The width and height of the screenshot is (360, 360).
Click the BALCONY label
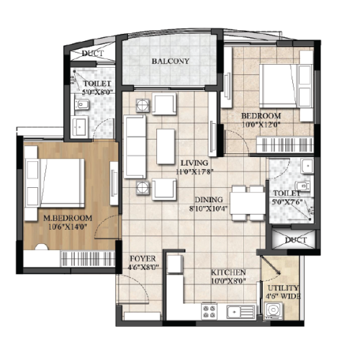tap(171, 61)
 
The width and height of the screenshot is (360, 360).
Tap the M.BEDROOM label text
tap(68, 218)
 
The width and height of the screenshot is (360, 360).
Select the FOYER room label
tap(143, 258)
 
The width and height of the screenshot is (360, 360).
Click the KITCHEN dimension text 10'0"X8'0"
tap(229, 281)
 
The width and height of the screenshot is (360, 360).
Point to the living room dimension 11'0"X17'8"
tap(194, 172)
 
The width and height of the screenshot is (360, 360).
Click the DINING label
tap(209, 199)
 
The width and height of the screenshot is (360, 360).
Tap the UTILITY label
tap(283, 288)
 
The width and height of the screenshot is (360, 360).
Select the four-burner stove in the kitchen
tap(209, 312)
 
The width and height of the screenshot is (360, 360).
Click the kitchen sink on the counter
tap(240, 312)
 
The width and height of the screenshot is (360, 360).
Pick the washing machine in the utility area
tap(274, 311)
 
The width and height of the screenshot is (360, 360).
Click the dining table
tap(248, 203)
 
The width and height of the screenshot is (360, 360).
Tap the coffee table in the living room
tap(166, 146)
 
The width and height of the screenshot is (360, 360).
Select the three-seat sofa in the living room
tap(135, 146)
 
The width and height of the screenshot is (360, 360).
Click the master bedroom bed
tap(62, 183)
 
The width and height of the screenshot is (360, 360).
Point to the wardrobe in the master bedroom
tap(89, 258)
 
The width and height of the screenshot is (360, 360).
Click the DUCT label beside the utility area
tap(296, 240)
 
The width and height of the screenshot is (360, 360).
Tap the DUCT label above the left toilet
tap(93, 53)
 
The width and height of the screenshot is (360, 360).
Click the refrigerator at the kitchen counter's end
tap(175, 264)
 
